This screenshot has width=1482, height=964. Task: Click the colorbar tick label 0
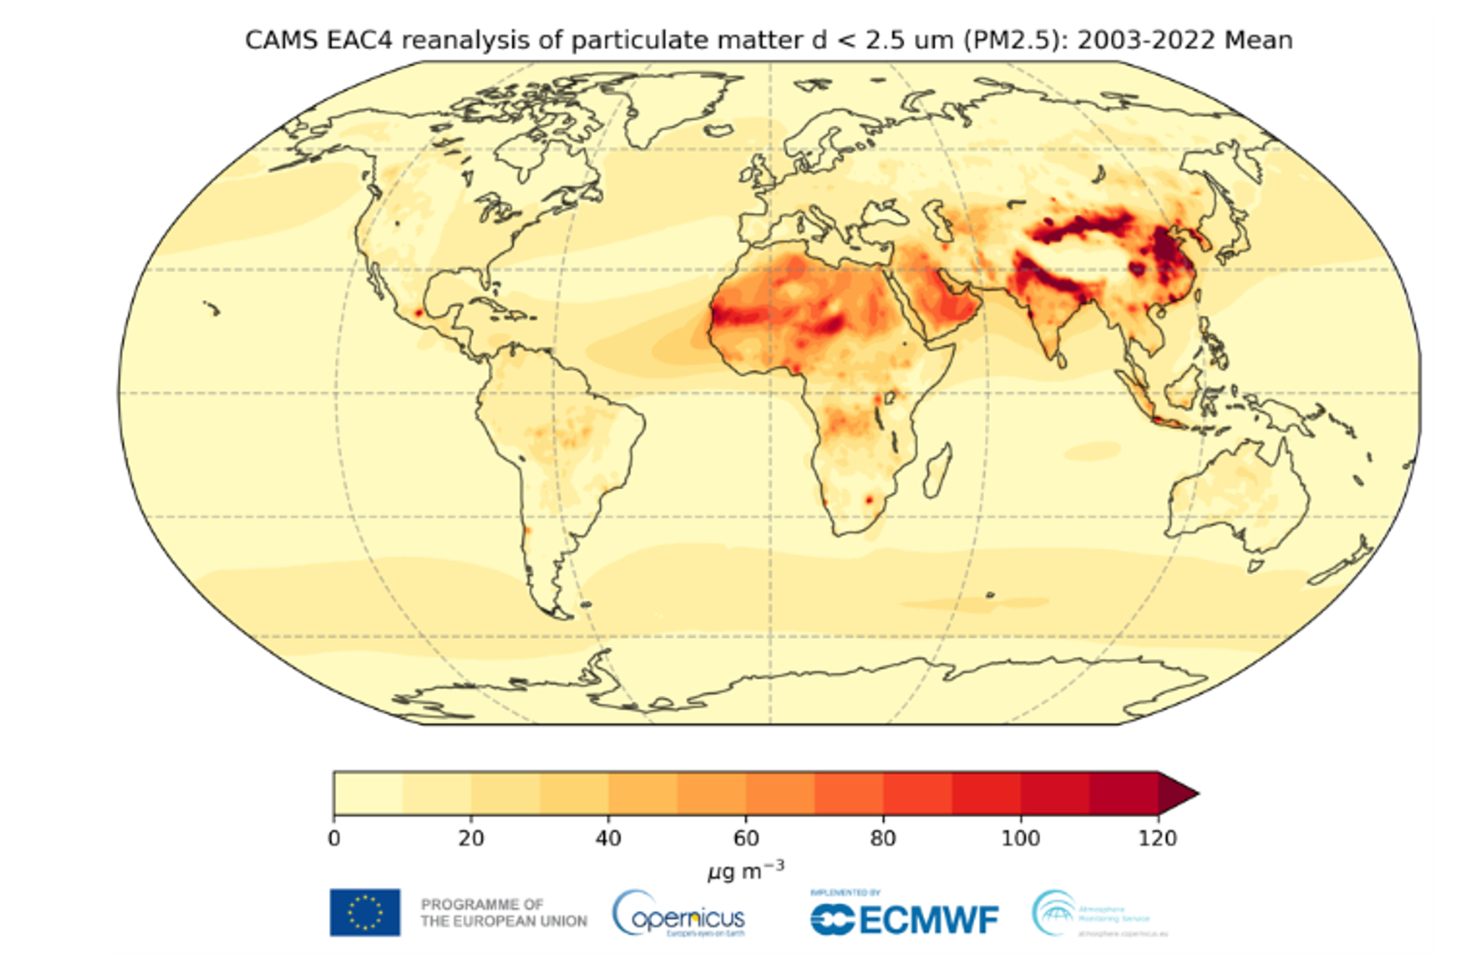tap(334, 838)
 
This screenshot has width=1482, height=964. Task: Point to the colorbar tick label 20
tap(471, 838)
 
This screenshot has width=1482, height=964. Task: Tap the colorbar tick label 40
tap(608, 838)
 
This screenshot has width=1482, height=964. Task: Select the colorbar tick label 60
tap(746, 838)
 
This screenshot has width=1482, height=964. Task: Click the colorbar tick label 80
tap(883, 838)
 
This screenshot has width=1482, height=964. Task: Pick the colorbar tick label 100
tap(1020, 838)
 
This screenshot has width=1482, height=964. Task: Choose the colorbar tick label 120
tap(1158, 838)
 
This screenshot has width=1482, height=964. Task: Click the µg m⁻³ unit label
tap(745, 871)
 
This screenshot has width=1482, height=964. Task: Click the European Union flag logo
tap(365, 913)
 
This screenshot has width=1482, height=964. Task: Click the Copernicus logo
tap(679, 915)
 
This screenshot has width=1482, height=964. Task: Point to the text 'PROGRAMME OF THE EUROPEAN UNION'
tap(504, 913)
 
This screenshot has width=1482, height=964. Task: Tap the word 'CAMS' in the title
tap(276, 39)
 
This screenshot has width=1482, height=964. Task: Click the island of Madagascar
tap(938, 471)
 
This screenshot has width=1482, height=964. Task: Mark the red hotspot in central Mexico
tap(418, 313)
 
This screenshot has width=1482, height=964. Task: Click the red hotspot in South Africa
tap(869, 501)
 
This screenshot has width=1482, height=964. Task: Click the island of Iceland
tap(717, 131)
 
